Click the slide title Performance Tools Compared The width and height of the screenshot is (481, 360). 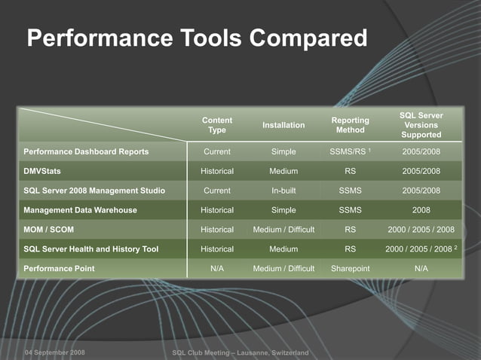[197, 38]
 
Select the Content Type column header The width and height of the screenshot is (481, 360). [217, 125]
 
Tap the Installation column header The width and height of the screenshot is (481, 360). [283, 125]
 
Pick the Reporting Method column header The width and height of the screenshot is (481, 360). [350, 125]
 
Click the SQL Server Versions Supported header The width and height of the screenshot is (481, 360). [421, 125]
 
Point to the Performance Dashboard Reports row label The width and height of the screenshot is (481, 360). [86, 151]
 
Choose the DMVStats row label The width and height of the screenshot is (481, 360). [42, 171]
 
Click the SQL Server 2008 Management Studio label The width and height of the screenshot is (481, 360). [94, 191]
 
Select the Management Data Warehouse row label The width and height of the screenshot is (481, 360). [81, 210]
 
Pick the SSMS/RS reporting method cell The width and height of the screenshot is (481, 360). [350, 151]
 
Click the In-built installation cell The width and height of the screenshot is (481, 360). [283, 191]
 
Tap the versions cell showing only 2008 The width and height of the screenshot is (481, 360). [421, 210]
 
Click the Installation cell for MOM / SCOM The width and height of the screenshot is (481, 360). [283, 230]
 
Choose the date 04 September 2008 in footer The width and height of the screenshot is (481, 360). [54, 352]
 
